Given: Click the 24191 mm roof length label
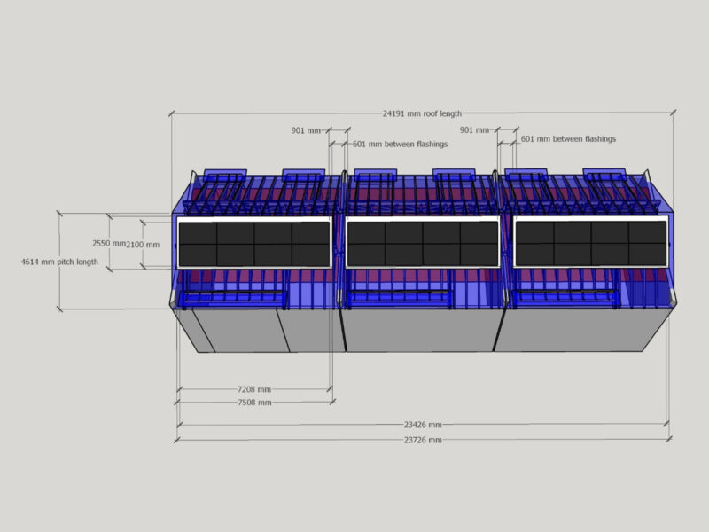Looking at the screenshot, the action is coord(423,113).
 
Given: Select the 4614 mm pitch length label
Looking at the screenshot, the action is coord(59,262).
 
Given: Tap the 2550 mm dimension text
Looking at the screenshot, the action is coord(108,243).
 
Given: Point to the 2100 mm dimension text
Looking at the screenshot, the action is coord(143,245).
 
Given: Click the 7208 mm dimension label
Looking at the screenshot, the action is coord(254,389).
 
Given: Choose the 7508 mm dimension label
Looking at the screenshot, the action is coord(254,403).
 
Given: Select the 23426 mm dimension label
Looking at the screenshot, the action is coord(423,425).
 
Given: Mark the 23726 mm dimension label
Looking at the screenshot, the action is coord(423,440).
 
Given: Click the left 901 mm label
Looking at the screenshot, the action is coord(306,130).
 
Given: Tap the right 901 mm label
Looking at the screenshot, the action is coord(474,130).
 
